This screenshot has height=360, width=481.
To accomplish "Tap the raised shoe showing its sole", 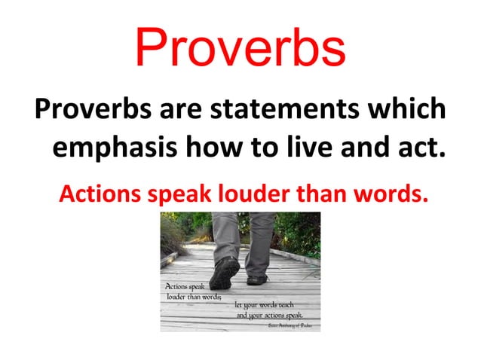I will [224, 271].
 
